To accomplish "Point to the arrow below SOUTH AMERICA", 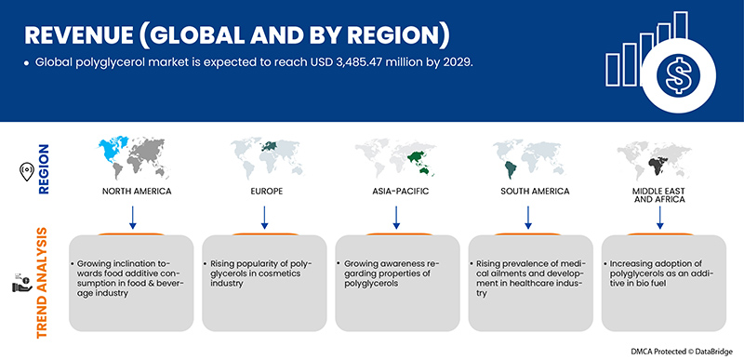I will [x=528, y=217].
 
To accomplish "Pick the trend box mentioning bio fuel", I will [x=663, y=283].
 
